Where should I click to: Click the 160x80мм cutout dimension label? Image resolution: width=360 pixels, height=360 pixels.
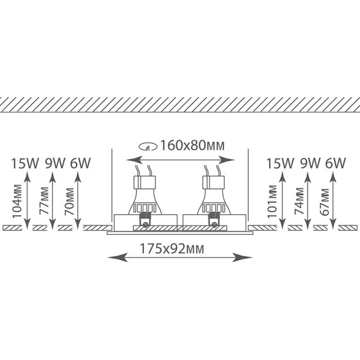[x=192, y=145]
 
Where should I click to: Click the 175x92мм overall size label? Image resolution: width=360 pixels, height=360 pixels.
[x=172, y=249]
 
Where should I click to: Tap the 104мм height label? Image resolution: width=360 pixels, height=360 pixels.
[x=17, y=201]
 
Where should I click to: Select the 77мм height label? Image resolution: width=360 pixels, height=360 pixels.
[x=44, y=201]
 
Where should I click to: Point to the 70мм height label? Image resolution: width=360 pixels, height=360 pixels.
[x=69, y=201]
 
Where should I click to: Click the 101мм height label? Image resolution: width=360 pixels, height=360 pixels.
[x=272, y=201]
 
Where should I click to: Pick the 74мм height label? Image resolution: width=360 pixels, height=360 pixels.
[x=299, y=201]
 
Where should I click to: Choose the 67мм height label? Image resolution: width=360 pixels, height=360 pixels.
[x=325, y=201]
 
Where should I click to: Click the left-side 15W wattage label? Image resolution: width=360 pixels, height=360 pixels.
[x=25, y=163]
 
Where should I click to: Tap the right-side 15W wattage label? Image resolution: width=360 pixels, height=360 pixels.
[x=280, y=163]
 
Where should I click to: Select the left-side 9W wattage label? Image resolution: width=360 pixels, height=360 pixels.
[x=56, y=163]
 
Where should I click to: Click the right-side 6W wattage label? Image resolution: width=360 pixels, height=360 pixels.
[x=335, y=163]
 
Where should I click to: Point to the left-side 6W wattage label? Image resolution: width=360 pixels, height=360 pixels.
[x=80, y=163]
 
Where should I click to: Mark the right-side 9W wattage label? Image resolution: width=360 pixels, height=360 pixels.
[x=310, y=163]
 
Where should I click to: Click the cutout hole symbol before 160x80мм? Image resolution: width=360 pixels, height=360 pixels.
[x=148, y=147]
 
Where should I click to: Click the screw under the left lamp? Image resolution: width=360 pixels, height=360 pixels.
[x=145, y=225]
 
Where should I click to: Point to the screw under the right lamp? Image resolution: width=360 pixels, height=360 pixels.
[x=214, y=225]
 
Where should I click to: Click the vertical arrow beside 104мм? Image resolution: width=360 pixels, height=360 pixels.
[x=27, y=200]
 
